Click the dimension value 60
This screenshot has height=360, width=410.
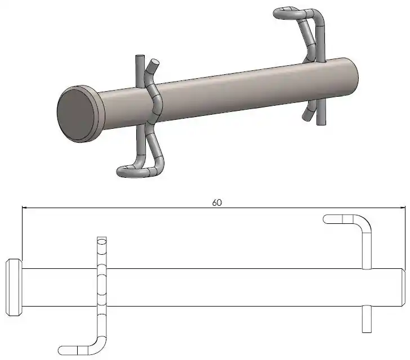(x=217, y=202)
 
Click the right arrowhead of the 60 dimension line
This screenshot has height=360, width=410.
(x=403, y=208)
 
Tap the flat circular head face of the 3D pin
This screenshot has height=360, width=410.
(x=76, y=115)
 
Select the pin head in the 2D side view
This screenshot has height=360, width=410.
(x=14, y=287)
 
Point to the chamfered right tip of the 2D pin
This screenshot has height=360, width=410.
(x=403, y=287)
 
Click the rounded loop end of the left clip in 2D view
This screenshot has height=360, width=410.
(x=62, y=350)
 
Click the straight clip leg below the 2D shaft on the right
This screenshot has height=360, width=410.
(x=367, y=319)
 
